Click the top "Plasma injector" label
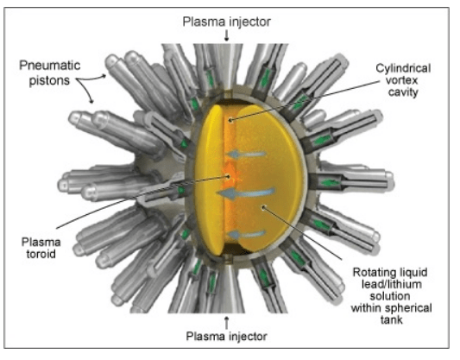226,22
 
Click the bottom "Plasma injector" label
226,336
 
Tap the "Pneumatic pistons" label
49,73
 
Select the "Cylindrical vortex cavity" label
403,80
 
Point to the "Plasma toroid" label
41,248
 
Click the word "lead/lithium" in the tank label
391,284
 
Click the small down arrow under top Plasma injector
226,36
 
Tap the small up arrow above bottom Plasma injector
226,322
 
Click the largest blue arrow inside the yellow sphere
246,193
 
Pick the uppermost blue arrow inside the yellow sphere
246,154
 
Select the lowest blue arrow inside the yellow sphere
247,235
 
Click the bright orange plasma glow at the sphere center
230,177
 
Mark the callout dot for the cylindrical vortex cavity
231,120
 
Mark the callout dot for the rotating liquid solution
263,207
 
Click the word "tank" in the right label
391,319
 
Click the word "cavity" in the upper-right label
403,92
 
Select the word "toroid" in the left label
41,254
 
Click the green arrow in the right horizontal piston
330,183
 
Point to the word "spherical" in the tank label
409,308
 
